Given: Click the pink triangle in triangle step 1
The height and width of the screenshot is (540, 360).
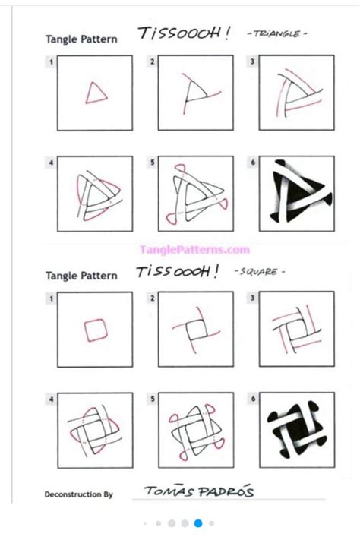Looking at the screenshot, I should point(96,93).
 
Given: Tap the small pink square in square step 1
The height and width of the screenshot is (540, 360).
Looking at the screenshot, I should point(95,330).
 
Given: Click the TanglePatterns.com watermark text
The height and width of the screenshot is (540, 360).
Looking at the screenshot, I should point(194,249).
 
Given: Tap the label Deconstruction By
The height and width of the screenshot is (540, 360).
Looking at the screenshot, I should point(79,494).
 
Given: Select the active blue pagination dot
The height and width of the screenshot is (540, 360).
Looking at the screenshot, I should point(198,523).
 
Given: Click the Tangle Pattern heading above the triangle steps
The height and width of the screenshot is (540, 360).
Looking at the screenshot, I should point(81,39).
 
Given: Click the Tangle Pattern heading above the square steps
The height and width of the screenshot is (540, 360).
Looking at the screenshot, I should point(81,275).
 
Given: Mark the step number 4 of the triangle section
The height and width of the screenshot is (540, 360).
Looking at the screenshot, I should point(51,162).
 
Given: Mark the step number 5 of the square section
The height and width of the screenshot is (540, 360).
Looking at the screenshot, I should point(151,398).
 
